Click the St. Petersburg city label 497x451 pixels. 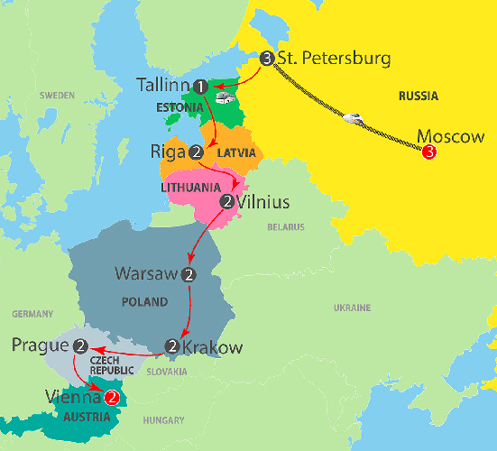point(333,59)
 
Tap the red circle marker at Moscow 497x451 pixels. point(428,152)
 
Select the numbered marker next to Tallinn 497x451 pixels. point(200,86)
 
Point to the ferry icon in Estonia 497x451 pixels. point(222,99)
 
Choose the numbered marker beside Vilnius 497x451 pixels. point(226,200)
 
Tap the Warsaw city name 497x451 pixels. point(147,272)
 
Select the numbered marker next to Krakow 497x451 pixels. point(173,345)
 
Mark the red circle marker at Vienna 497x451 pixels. point(112,395)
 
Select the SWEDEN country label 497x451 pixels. point(57,95)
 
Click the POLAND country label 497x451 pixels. point(146,301)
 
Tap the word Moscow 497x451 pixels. point(451,138)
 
